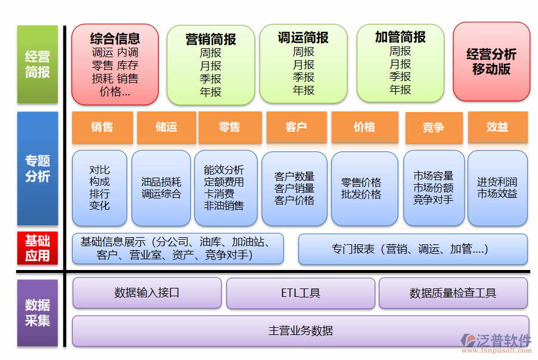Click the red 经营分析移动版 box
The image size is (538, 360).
tap(491, 61)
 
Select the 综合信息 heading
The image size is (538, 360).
tap(115, 39)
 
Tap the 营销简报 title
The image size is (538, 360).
tap(211, 39)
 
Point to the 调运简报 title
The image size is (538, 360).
tap(303, 38)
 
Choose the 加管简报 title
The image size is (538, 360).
tap(400, 37)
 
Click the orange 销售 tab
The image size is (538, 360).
tap(102, 127)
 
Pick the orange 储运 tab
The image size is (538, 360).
tap(166, 127)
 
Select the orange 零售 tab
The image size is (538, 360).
tap(229, 127)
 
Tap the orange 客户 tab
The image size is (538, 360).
tap(296, 127)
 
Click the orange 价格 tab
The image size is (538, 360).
tap(364, 127)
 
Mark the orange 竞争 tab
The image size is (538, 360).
tap(434, 128)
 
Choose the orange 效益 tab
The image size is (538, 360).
tap(497, 127)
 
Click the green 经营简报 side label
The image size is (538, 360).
tap(38, 64)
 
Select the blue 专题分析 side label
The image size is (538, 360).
tap(38, 169)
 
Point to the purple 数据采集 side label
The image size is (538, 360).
tap(38, 313)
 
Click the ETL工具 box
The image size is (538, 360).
tap(300, 293)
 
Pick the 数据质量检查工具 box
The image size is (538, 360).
tap(453, 293)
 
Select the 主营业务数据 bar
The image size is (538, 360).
tap(300, 331)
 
